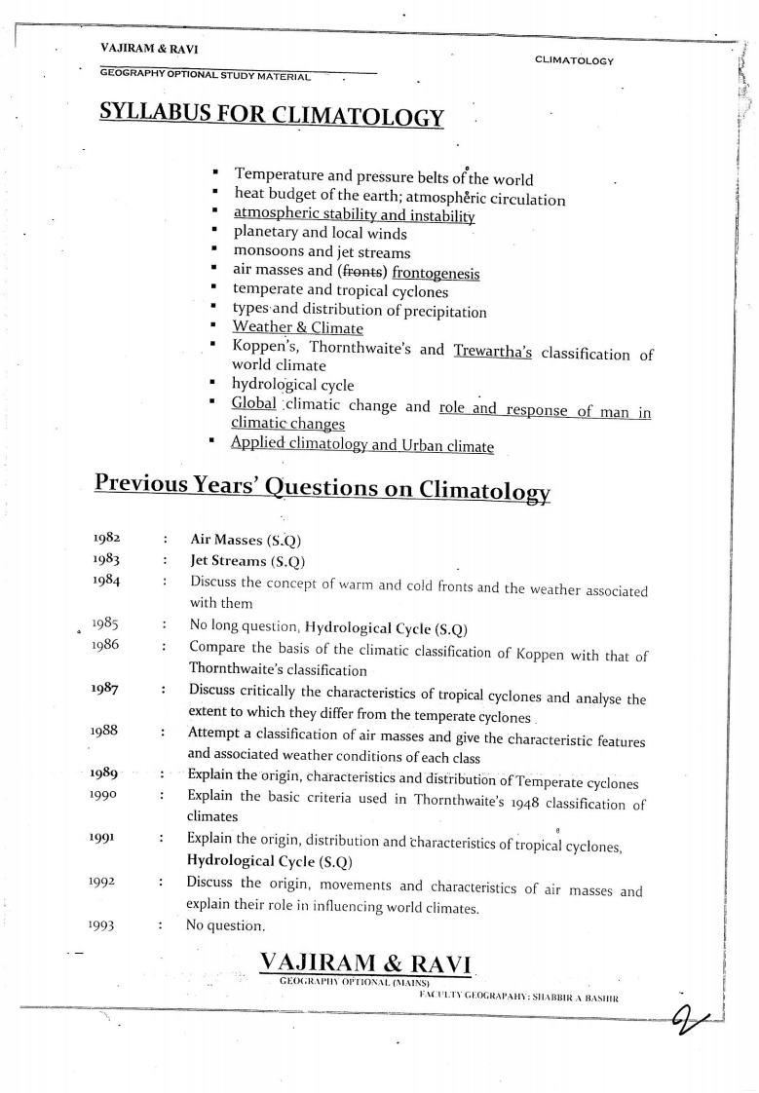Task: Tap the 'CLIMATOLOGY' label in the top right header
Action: (574, 60)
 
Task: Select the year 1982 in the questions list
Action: (106, 538)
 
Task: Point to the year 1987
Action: (106, 690)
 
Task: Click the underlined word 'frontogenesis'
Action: (436, 274)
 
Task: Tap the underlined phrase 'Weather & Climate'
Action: (297, 328)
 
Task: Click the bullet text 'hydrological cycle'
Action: (292, 385)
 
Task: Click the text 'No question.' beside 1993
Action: (225, 924)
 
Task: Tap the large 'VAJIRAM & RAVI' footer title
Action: (365, 963)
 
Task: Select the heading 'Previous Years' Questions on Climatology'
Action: (322, 486)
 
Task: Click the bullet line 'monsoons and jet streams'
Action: (322, 252)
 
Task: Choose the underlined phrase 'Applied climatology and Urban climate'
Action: (361, 446)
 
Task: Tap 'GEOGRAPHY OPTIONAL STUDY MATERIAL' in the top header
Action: (205, 76)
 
